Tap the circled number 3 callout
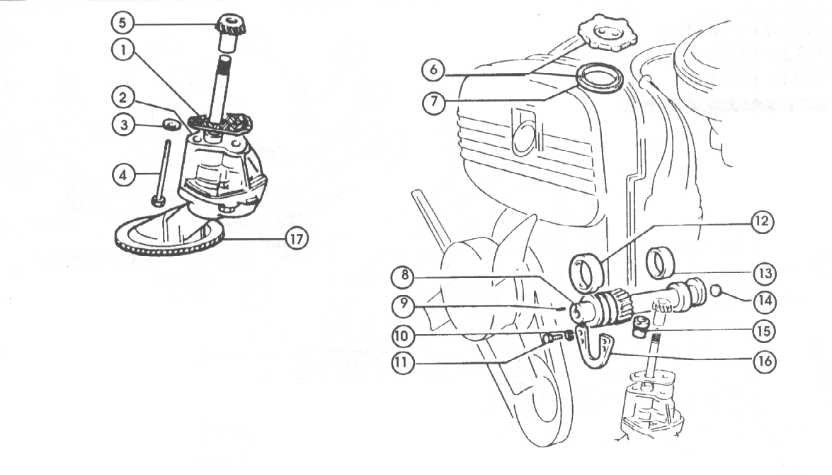tap(124, 125)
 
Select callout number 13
tap(763, 272)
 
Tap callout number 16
tap(763, 361)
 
